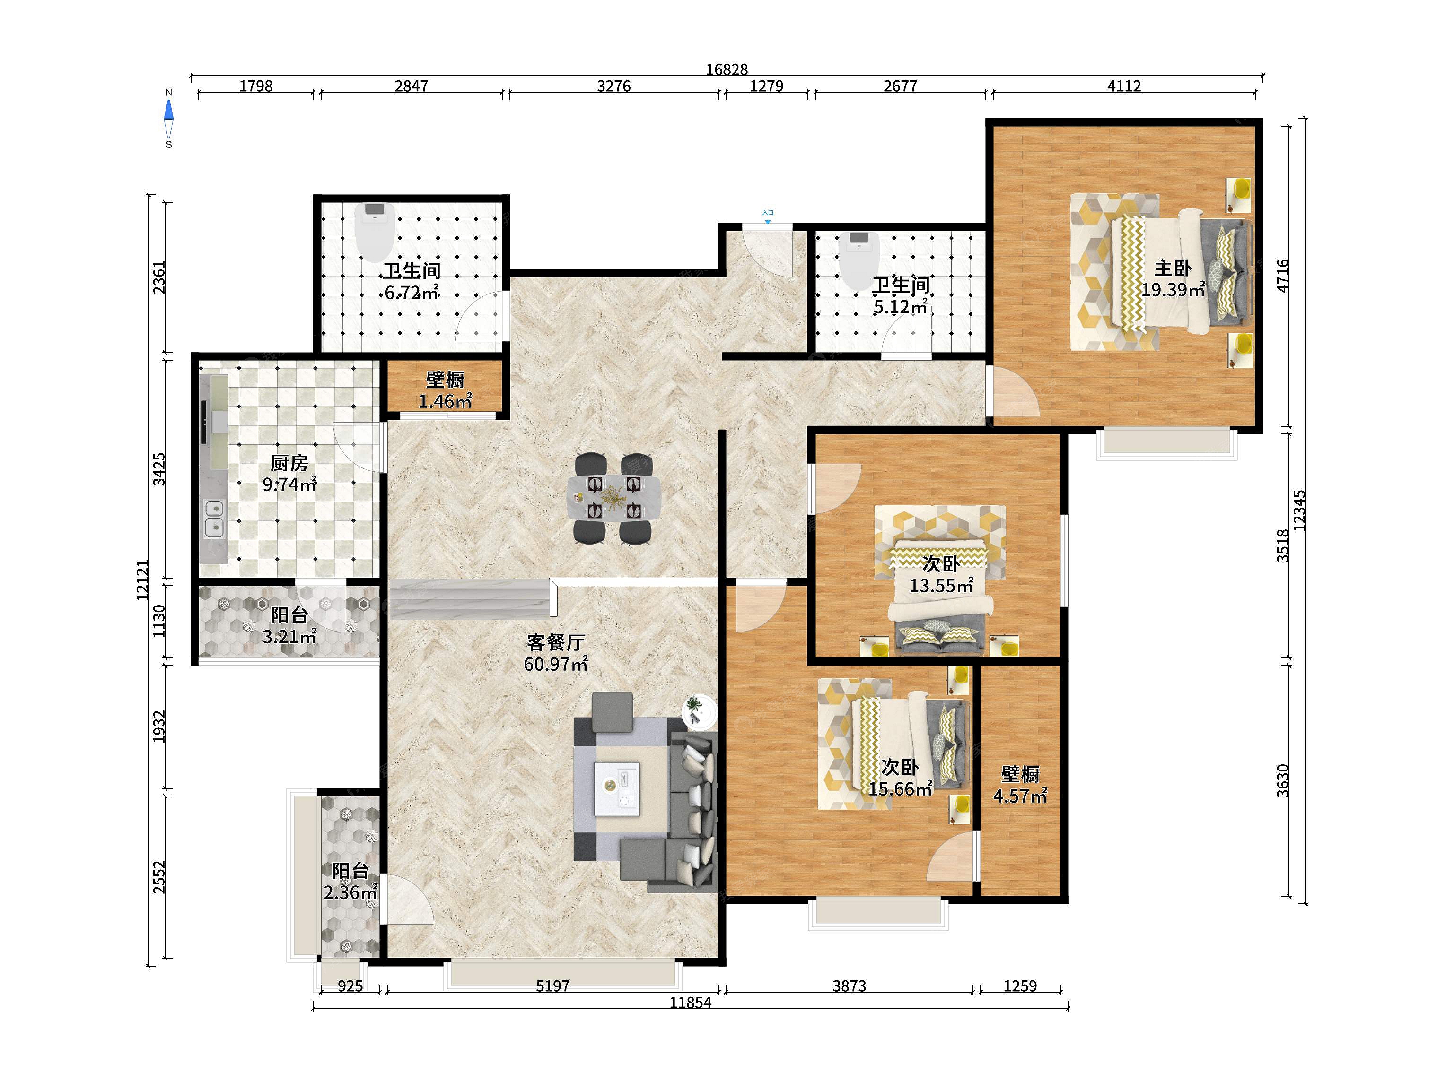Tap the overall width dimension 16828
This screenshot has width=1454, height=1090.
[727, 69]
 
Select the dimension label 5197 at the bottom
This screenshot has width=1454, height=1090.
[553, 986]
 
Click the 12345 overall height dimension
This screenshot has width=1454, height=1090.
[1299, 510]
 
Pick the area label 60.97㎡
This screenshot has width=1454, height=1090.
[555, 664]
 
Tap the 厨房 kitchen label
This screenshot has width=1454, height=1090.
[289, 463]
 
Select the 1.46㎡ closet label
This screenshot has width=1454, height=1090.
[446, 401]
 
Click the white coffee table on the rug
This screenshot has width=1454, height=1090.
[617, 788]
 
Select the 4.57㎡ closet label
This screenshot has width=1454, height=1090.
[1020, 796]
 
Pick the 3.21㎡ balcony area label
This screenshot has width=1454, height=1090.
[289, 636]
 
